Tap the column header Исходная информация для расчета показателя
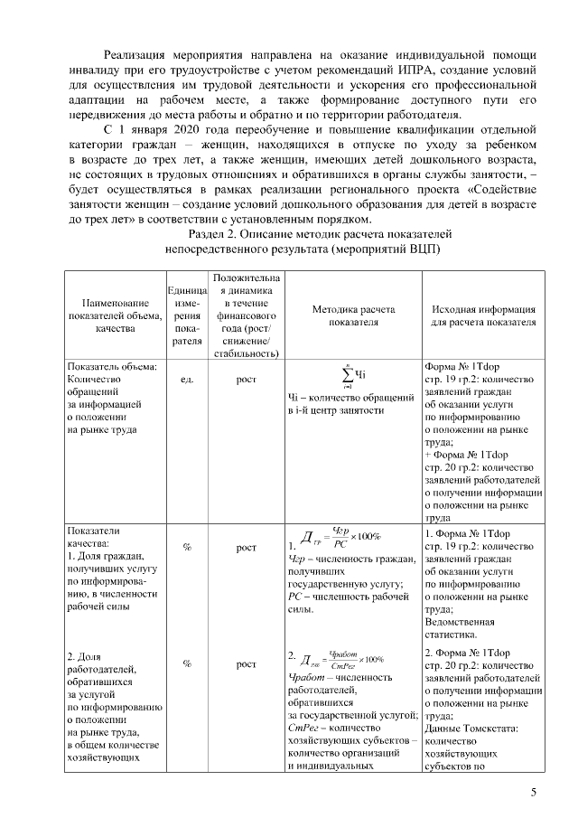(482, 315)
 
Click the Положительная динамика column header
(246, 315)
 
